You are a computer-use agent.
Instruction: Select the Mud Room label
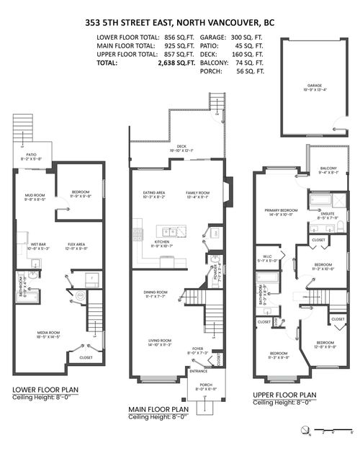[35, 197]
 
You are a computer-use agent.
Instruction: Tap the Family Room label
[197, 192]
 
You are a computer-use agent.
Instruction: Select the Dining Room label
[156, 292]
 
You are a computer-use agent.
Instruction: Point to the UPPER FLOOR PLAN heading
[284, 395]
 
